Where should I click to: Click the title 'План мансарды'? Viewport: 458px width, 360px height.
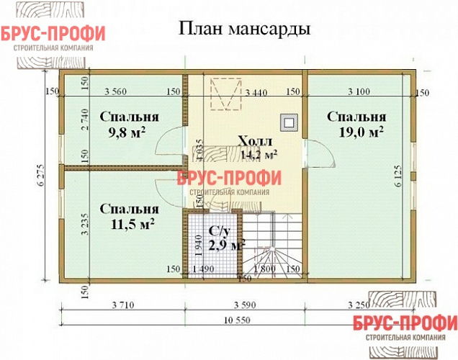(243, 30)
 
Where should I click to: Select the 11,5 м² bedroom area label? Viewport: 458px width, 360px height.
(130, 224)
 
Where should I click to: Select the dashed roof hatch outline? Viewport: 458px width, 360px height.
(225, 92)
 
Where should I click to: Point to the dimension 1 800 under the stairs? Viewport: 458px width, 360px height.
(268, 269)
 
